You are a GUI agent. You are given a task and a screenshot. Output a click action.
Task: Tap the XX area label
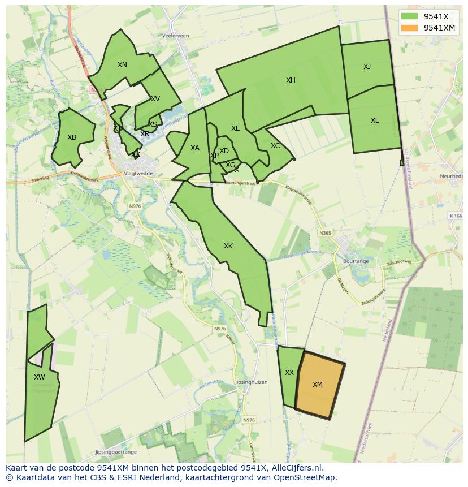click(x=289, y=373)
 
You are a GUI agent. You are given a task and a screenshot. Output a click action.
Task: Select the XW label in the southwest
click(x=39, y=377)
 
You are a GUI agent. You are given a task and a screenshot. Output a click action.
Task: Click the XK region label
click(x=228, y=246)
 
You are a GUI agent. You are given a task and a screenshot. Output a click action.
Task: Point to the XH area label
click(x=291, y=80)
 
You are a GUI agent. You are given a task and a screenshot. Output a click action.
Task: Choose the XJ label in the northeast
click(x=367, y=67)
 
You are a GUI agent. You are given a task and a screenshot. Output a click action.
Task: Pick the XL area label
click(x=375, y=120)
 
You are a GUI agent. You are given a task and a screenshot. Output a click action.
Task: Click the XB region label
click(x=72, y=137)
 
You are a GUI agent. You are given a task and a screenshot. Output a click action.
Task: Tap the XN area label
click(x=122, y=65)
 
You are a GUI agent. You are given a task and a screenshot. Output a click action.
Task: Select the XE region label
click(x=236, y=128)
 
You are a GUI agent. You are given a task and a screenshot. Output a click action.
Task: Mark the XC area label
click(x=275, y=146)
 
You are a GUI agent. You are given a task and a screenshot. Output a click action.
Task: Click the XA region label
click(x=195, y=148)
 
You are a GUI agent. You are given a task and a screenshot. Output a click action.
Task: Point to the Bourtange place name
click(x=356, y=261)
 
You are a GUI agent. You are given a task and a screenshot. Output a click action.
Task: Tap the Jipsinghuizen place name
click(x=252, y=382)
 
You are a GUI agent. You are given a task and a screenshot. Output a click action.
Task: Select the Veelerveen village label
click(x=176, y=35)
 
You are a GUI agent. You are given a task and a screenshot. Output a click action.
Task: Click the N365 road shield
click(x=325, y=233)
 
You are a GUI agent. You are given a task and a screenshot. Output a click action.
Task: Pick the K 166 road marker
click(x=455, y=216)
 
